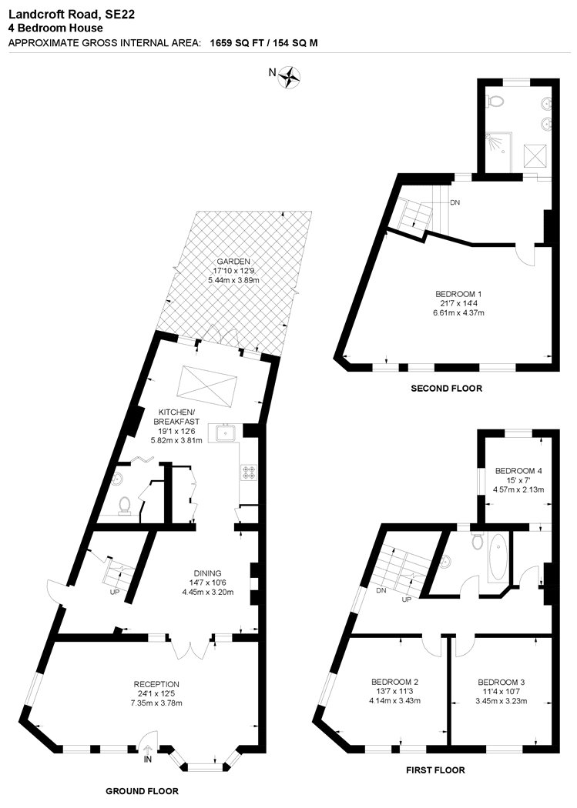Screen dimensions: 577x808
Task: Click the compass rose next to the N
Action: click(290, 77)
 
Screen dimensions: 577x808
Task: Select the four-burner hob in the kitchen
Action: click(249, 472)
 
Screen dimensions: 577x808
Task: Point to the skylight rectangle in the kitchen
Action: click(206, 382)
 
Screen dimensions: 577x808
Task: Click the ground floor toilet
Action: click(124, 506)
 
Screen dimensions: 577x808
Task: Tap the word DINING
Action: click(207, 573)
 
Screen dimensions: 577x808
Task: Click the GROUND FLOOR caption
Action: click(143, 791)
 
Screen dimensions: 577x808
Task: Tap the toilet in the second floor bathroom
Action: click(495, 102)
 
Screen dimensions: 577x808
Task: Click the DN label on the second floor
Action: click(455, 202)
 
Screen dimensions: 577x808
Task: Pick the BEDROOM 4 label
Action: click(518, 470)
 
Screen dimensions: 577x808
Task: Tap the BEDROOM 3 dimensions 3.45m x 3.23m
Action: click(501, 701)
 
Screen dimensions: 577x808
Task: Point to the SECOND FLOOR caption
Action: click(446, 389)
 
